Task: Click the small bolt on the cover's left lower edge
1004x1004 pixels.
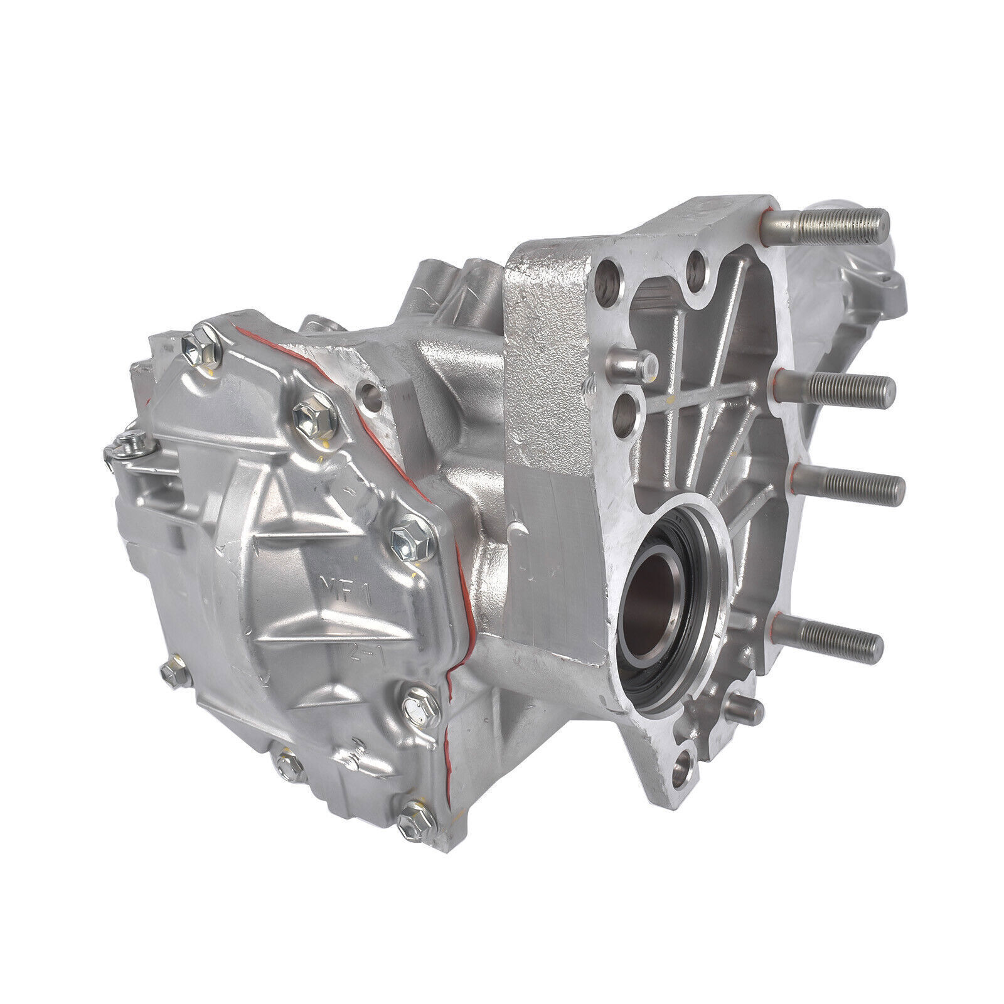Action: coord(170,671)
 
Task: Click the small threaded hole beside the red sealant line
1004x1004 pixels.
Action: coord(371,397)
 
